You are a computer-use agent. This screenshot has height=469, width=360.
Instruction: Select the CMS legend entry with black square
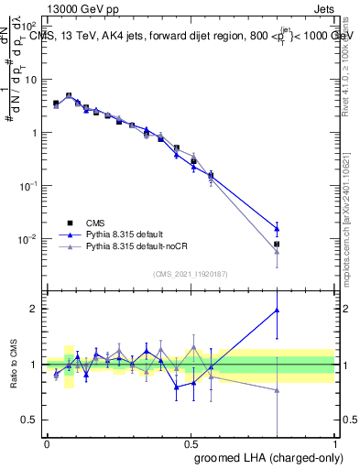pyautogui.click(x=70, y=222)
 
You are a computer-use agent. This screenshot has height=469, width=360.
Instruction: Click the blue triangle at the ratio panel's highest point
pyautogui.click(x=277, y=311)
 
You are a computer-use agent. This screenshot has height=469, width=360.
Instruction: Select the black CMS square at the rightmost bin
pyautogui.click(x=277, y=245)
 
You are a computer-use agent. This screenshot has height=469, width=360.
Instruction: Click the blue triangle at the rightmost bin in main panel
pyautogui.click(x=277, y=229)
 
